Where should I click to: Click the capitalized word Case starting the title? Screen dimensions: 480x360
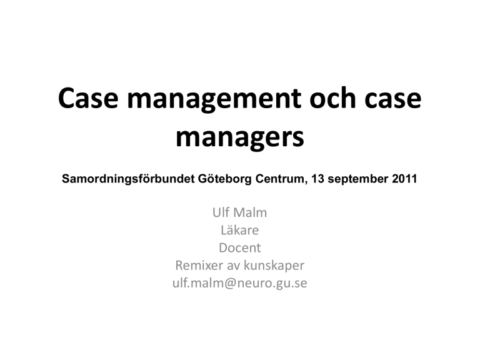88,98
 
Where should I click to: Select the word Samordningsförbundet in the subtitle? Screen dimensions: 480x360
128,179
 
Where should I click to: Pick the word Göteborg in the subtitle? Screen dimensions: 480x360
225,179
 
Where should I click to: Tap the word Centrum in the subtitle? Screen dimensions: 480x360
281,179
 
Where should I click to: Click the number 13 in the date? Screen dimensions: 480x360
317,179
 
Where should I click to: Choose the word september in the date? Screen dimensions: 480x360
358,179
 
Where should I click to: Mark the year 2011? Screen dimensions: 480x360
404,179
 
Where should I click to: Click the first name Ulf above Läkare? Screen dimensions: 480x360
221,212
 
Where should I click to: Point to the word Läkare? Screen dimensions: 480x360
240,230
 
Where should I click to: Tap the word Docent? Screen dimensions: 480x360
240,247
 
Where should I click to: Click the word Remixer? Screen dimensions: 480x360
199,266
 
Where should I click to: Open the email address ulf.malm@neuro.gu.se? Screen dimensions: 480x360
240,284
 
